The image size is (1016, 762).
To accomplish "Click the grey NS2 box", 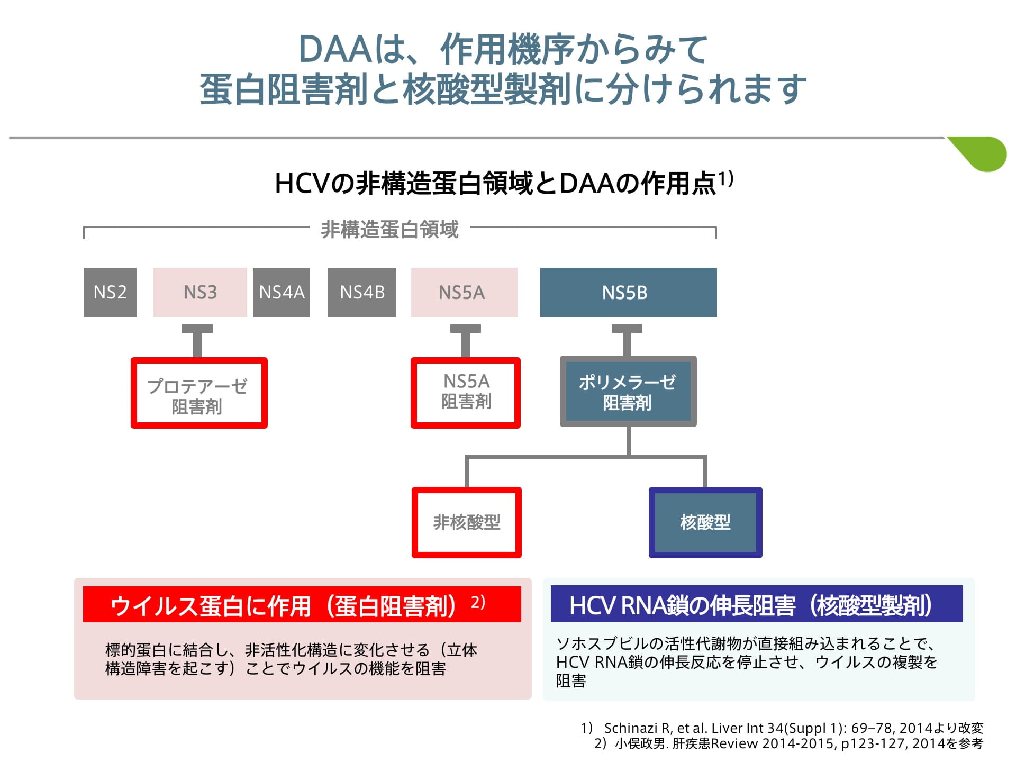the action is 110,293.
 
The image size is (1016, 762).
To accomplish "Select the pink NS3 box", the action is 200,293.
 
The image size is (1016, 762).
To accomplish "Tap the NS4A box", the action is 282,293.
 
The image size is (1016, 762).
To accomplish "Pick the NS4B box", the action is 362,293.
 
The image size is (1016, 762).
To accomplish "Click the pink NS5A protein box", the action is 464,293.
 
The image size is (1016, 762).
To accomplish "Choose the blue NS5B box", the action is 629,293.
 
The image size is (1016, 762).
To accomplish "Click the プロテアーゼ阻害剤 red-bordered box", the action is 199,393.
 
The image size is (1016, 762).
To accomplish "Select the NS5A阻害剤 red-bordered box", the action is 466,393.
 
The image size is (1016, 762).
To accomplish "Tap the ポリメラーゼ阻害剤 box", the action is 628,392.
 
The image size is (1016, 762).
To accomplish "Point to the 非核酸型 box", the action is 467,522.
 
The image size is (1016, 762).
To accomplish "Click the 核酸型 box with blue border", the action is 705,522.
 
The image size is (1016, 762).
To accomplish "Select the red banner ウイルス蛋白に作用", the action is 302,604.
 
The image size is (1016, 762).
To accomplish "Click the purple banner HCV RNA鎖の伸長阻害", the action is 757,604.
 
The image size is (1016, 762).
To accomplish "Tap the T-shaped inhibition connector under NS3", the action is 197,341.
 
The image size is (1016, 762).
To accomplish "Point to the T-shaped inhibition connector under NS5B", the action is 627,340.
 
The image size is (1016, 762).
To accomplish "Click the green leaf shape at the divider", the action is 980,153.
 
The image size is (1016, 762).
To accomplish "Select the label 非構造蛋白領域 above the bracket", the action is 389,230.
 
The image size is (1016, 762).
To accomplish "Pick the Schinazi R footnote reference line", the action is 782,728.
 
